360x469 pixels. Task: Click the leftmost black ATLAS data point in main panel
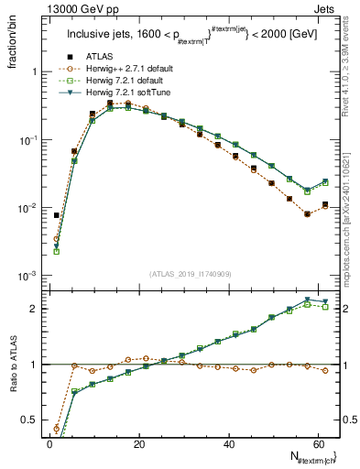pos(57,216)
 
